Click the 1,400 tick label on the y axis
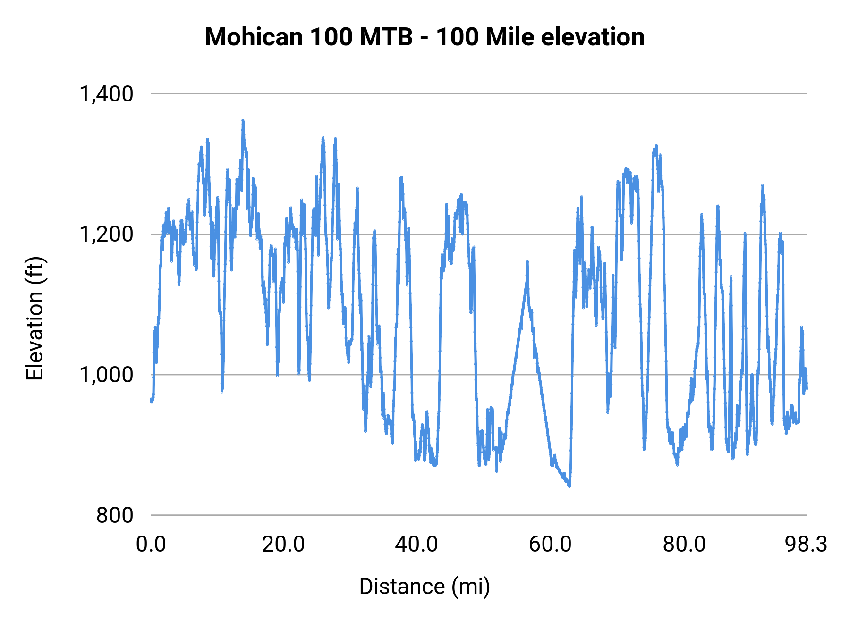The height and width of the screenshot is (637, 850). (106, 94)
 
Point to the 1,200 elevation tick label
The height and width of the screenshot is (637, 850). (106, 234)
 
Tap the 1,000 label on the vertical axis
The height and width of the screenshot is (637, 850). (106, 375)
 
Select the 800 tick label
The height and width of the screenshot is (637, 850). (115, 515)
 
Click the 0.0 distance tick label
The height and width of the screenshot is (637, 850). (151, 545)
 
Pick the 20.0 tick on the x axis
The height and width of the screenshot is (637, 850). (283, 545)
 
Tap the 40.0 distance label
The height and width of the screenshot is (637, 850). (416, 545)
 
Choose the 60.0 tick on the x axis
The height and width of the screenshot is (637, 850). (550, 545)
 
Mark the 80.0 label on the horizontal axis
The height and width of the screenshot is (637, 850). (684, 545)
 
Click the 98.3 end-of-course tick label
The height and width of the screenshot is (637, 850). (806, 545)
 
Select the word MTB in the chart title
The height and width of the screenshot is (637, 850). (386, 37)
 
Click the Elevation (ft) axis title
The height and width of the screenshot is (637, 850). (35, 319)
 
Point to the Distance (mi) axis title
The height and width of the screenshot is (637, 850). (425, 587)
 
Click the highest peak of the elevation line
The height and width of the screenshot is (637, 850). (243, 121)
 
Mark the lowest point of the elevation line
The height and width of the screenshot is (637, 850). (569, 486)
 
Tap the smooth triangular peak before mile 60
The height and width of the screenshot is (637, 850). (527, 261)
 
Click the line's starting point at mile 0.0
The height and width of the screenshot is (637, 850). (151, 400)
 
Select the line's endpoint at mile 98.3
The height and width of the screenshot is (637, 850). (807, 388)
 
